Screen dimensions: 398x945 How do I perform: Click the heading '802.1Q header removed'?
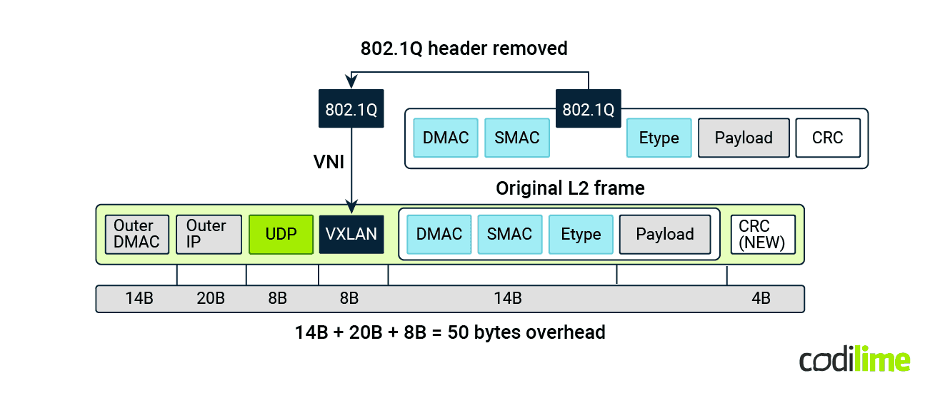464,49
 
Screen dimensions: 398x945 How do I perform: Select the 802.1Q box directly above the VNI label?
351,109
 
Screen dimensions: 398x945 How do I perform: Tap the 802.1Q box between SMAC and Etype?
588,109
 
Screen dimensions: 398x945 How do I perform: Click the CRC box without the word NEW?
827,138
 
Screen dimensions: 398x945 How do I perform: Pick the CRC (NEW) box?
762,235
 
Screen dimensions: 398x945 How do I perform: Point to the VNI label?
329,162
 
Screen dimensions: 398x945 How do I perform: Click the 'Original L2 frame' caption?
570,188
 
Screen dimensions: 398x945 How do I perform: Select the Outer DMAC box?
137,235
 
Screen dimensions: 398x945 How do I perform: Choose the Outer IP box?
209,235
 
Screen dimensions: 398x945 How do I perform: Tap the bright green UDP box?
281,235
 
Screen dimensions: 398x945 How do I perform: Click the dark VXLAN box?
351,235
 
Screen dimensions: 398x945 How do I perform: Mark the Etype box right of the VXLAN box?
581,235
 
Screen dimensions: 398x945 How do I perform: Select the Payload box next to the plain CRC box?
744,138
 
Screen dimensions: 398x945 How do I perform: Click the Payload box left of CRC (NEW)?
665,235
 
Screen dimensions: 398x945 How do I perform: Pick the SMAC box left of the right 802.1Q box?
517,138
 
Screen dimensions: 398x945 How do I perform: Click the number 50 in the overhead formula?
457,332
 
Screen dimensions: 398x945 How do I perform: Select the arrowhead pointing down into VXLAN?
351,209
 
